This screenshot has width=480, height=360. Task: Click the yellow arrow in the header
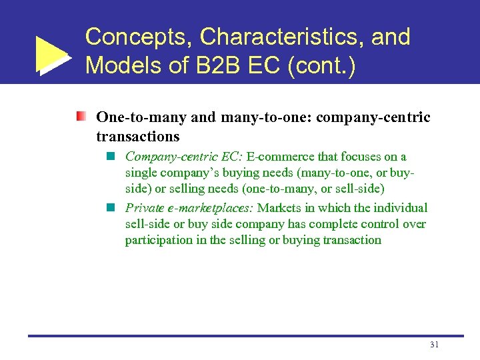click(51, 55)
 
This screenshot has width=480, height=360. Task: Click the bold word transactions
click(138, 136)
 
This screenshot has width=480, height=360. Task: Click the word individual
click(400, 207)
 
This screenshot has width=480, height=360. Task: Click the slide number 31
click(434, 344)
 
